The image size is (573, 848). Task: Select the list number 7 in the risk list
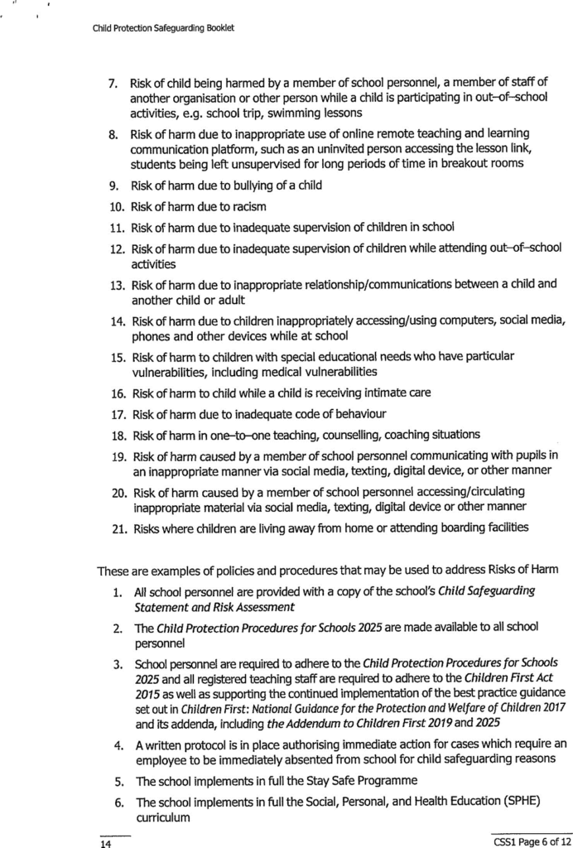point(114,84)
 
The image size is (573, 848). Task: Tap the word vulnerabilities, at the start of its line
point(169,371)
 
